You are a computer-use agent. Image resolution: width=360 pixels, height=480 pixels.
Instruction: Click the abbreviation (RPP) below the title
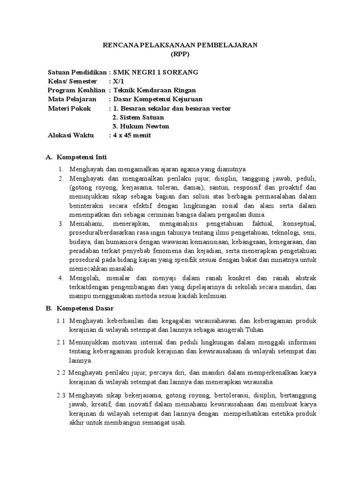[180, 54]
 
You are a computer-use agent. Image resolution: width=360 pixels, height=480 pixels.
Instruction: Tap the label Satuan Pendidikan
[77, 72]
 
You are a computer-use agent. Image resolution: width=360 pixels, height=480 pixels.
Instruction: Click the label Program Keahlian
[77, 90]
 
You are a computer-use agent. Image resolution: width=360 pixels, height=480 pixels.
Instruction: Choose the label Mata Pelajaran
[72, 99]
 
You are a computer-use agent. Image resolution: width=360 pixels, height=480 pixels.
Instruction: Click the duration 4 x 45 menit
[132, 135]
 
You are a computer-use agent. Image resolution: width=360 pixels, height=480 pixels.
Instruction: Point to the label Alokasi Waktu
[71, 135]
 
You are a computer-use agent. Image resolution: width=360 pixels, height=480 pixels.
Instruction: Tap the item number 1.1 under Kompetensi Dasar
[61, 321]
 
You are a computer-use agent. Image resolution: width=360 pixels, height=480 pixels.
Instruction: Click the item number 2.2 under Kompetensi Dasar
[61, 373]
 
